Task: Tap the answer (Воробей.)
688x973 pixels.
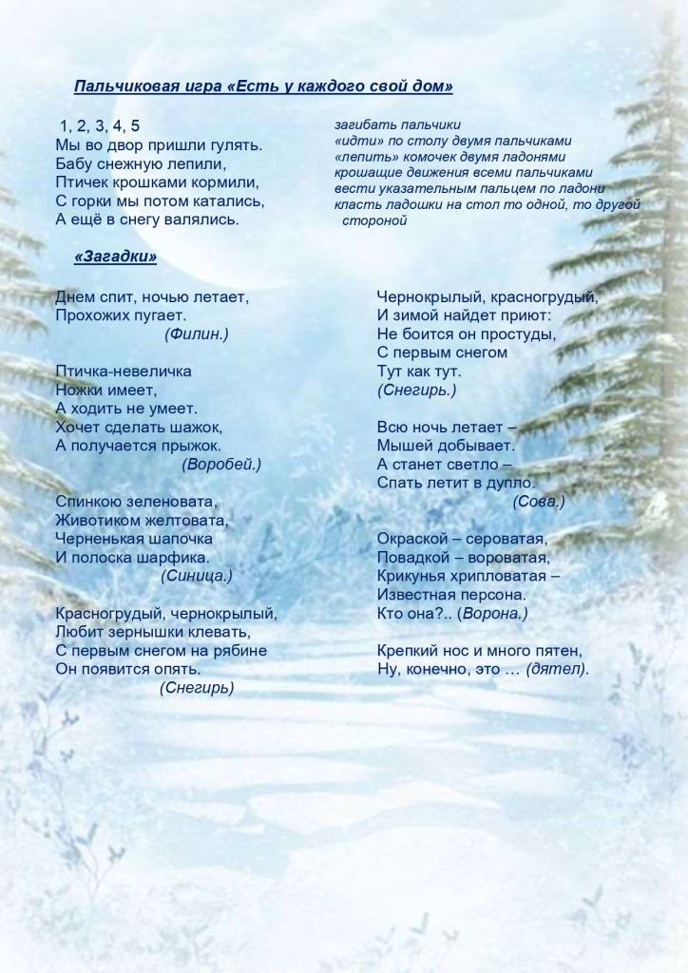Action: point(220,464)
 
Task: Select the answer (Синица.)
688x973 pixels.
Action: point(197,576)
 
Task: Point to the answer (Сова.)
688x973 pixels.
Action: point(539,501)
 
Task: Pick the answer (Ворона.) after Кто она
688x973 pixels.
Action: point(492,614)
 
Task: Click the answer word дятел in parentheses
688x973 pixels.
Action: point(558,669)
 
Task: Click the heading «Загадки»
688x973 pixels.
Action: point(115,257)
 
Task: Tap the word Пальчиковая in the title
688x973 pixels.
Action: point(126,87)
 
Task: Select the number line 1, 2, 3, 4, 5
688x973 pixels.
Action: point(100,126)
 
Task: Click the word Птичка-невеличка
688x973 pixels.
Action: point(124,371)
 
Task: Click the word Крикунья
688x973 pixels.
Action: point(412,576)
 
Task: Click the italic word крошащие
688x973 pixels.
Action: point(365,173)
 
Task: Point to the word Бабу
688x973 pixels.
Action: point(74,163)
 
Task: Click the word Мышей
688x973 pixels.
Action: point(402,445)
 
